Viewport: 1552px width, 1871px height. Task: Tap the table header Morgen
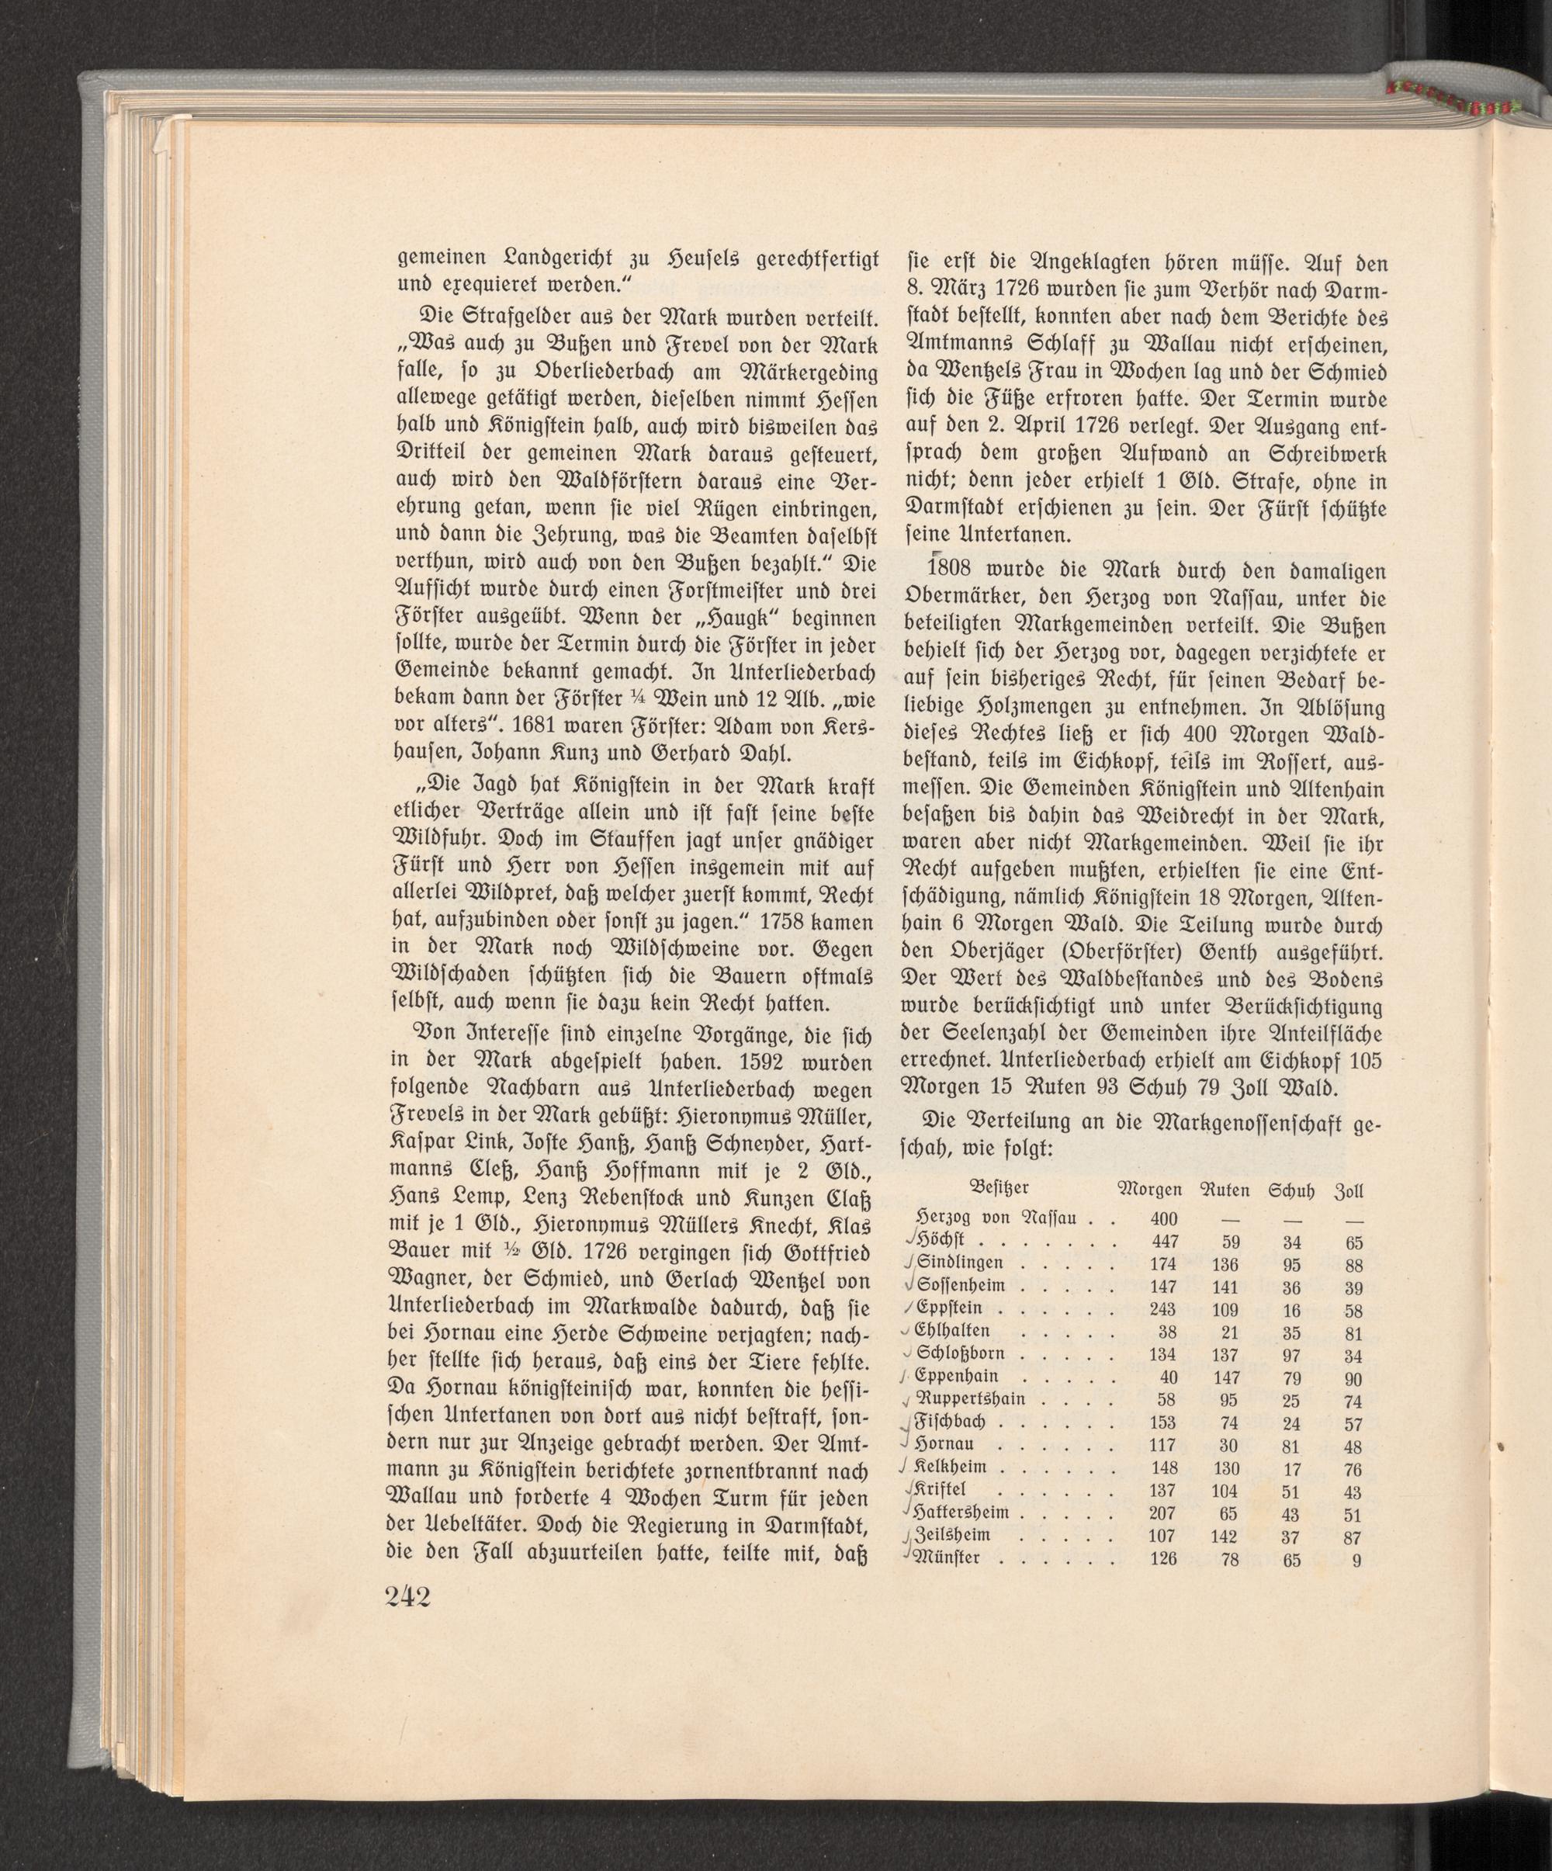tap(1150, 1189)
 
